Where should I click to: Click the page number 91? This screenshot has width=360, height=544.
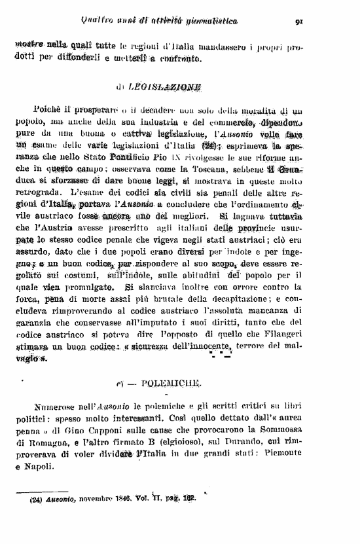tap(299, 21)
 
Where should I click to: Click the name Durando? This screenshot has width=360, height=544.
tap(252, 442)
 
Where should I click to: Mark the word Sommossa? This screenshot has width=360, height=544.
tap(280, 430)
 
